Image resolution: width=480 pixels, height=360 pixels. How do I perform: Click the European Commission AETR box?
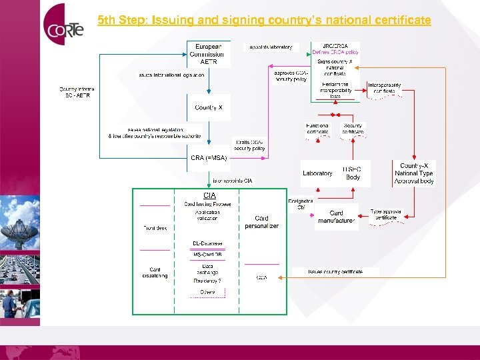pos(209,54)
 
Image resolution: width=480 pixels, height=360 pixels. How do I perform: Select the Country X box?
pos(209,107)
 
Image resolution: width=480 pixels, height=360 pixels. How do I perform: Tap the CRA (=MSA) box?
pos(209,158)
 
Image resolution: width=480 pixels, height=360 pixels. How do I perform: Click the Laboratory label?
pos(317,173)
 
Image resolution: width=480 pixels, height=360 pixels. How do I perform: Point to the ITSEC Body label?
pos(352,173)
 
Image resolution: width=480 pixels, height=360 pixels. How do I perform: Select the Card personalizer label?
pos(262,222)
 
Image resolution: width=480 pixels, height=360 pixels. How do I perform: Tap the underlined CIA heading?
pos(209,195)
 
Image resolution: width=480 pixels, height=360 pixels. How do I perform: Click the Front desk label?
pos(155,228)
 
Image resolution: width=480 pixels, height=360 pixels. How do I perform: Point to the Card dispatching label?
pos(155,273)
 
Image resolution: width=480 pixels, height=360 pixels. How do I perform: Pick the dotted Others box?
pos(207,292)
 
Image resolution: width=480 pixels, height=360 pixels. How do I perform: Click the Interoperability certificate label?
pos(385,88)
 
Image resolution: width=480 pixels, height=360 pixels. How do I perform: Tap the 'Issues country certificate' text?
pos(335,272)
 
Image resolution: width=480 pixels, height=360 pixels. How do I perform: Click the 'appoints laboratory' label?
pos(271,47)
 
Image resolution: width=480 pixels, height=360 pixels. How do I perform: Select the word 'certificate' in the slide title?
pos(401,21)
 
